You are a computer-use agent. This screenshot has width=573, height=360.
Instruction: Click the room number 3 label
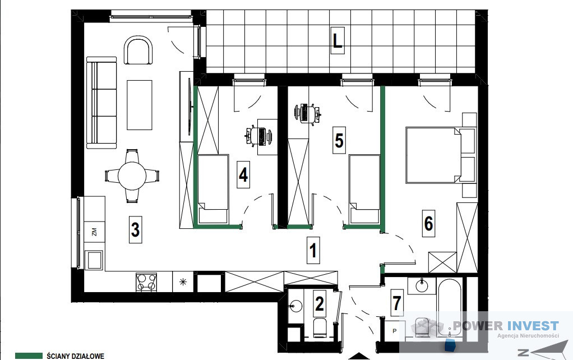(135, 230)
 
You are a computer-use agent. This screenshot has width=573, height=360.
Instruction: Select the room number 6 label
(429, 223)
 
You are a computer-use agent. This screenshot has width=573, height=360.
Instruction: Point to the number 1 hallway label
(313, 250)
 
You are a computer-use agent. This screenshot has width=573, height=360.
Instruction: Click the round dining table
(132, 176)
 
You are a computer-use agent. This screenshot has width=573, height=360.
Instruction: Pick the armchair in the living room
(138, 50)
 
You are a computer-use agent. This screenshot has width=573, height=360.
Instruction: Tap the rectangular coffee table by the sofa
(139, 105)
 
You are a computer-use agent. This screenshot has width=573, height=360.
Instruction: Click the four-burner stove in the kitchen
(146, 282)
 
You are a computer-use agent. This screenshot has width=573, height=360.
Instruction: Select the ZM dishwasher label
(95, 232)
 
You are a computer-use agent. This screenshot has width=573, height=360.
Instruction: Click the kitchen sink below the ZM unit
(95, 260)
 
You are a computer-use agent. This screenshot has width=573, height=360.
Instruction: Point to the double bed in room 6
(441, 155)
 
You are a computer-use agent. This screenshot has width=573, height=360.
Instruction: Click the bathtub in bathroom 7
(449, 307)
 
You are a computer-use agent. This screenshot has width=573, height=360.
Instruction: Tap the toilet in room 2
(320, 327)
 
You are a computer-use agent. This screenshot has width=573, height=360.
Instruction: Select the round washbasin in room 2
(295, 306)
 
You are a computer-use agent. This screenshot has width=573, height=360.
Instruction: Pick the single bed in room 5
(364, 189)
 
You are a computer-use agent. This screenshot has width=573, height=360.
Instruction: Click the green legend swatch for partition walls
(29, 356)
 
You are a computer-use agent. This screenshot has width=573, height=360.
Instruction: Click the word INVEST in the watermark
(532, 325)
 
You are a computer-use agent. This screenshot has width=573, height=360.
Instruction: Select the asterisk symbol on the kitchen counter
(183, 282)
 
